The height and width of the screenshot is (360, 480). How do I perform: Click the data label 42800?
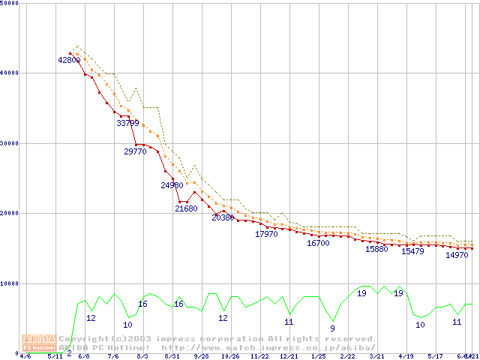(x=69, y=60)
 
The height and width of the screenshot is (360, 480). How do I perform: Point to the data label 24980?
(x=172, y=185)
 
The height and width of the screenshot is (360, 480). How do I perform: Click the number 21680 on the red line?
(x=186, y=208)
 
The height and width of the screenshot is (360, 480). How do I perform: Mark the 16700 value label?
(x=318, y=243)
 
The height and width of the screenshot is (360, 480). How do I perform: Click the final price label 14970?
(x=457, y=255)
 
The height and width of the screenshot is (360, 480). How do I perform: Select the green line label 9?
(x=332, y=328)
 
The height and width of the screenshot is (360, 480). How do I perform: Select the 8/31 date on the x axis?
(x=172, y=356)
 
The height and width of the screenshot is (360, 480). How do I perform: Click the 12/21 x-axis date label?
(x=289, y=356)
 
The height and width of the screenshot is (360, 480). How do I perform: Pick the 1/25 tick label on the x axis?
(x=318, y=356)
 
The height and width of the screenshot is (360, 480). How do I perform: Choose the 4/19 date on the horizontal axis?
(x=406, y=356)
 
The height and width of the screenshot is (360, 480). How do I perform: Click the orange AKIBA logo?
(x=38, y=343)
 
